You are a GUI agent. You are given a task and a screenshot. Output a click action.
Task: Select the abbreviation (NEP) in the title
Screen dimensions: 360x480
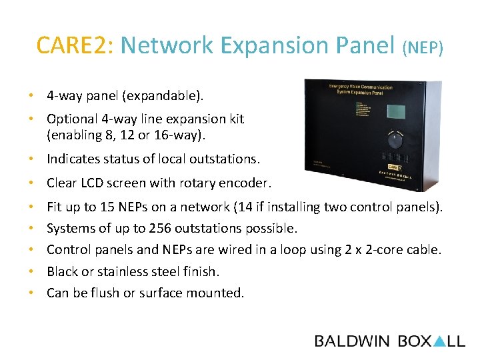point(423,47)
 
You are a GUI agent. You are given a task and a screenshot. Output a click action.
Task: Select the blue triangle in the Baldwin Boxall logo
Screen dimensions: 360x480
point(439,341)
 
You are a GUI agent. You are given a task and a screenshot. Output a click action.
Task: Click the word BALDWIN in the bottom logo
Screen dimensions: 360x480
point(352,341)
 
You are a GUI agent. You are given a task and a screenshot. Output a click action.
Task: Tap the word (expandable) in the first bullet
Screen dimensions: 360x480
point(161,96)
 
